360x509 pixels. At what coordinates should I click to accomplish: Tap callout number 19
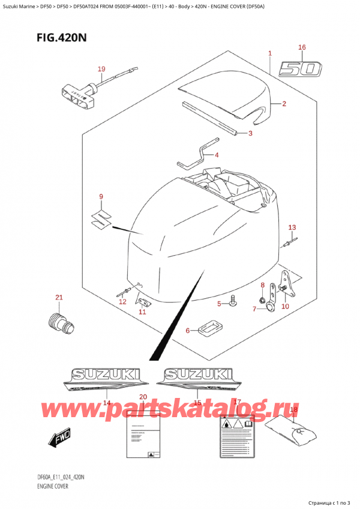coord(101,69)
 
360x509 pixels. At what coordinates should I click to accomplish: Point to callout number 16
coord(302,47)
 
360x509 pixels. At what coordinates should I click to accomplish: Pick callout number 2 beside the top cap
coord(284,104)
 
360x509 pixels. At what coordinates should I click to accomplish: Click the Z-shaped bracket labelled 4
coord(196,154)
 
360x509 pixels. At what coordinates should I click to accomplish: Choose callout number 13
coord(292,227)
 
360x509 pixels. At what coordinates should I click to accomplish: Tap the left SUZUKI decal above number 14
coord(106,379)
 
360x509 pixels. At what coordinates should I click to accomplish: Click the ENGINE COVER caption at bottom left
coord(47,487)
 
